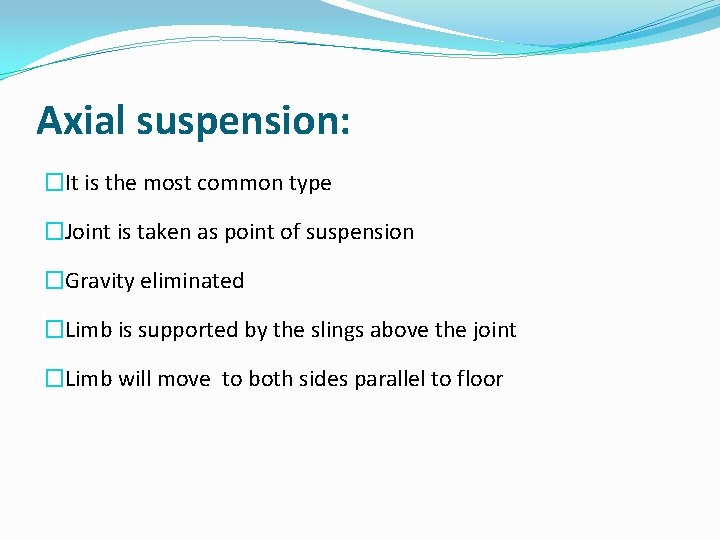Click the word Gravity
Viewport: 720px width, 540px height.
[x=100, y=282]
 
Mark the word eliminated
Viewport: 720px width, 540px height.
[x=192, y=281]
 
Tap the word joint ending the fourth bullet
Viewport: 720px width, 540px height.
[x=494, y=331]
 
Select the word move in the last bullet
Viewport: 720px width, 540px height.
[x=185, y=379]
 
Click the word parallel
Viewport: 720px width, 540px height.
[x=390, y=380]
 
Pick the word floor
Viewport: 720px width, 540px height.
[x=479, y=379]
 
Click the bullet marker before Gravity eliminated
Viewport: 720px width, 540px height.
[x=55, y=282]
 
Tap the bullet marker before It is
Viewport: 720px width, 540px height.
[x=55, y=183]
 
